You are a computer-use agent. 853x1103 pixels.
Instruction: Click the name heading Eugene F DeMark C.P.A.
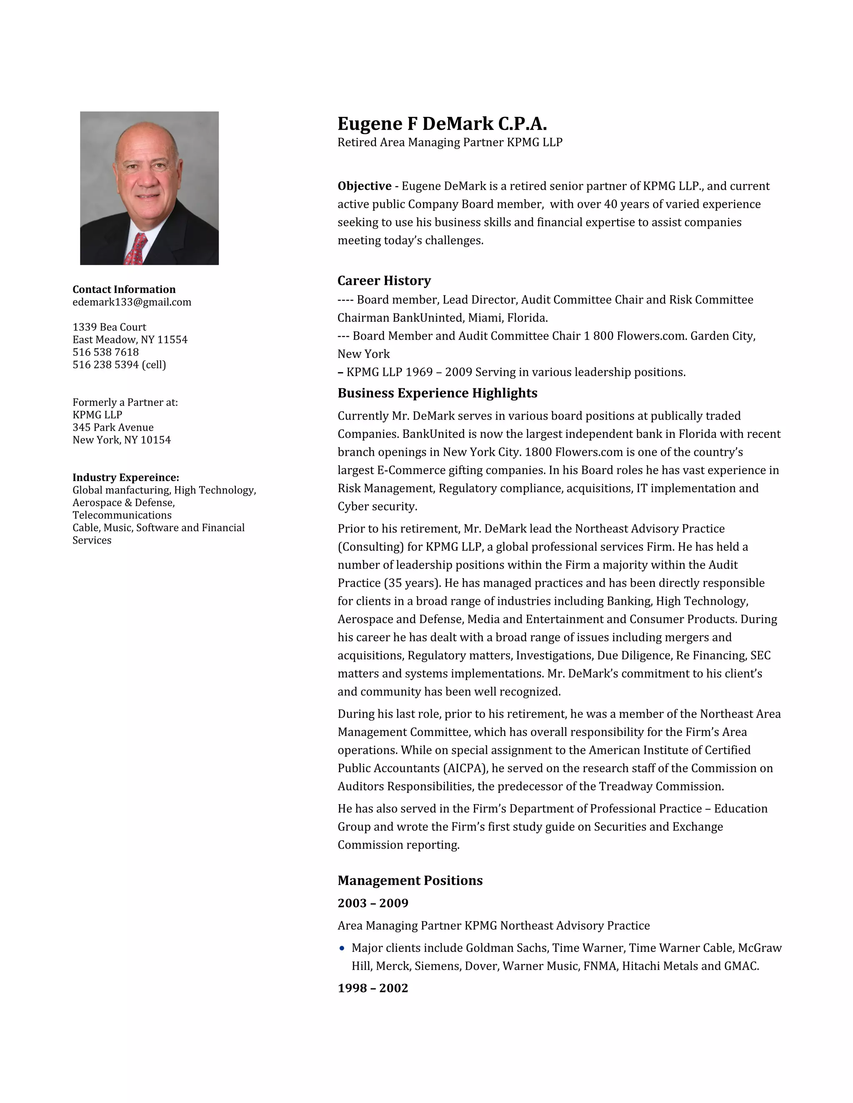coord(442,124)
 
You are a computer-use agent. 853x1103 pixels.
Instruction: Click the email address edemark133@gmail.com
coord(132,302)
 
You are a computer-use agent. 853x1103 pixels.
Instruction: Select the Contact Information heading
coord(124,289)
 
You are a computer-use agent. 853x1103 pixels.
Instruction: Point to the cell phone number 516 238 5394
coord(106,365)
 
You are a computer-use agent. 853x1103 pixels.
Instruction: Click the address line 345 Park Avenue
coord(113,427)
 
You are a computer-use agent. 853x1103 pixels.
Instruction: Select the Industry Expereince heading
coord(125,477)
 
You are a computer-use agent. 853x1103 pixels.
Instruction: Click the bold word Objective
coord(364,186)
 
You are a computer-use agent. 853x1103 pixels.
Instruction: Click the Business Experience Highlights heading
coord(437,393)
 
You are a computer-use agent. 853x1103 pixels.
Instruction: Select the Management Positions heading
coord(410,880)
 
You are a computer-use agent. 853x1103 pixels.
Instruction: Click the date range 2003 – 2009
coord(373,903)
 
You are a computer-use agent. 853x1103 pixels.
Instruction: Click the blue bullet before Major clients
coord(342,948)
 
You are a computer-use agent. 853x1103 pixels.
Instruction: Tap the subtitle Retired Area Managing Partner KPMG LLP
coord(450,142)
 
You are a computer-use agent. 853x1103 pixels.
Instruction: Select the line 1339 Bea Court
coord(109,327)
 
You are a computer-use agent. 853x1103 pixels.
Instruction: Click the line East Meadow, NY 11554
coord(130,339)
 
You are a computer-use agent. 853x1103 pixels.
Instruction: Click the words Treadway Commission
coord(661,786)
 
